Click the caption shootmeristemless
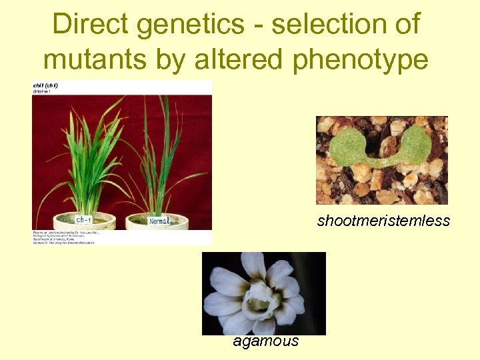[383, 221]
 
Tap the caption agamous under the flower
[266, 342]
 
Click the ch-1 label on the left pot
[83, 219]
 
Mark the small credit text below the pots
[63, 237]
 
